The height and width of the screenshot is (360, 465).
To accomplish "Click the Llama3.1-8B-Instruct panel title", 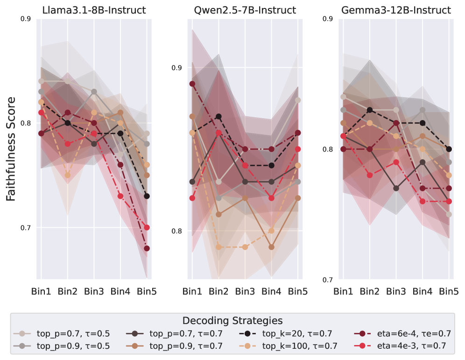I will (x=94, y=10).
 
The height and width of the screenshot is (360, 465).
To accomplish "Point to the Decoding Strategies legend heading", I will (x=232, y=321).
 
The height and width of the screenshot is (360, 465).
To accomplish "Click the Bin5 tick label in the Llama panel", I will (x=147, y=292).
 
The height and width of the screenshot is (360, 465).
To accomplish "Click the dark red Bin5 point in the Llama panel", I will (x=147, y=248).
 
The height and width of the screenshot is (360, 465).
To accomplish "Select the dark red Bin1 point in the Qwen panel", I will (x=191, y=84).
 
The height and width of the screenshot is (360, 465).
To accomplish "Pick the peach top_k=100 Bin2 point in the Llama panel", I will (x=68, y=175).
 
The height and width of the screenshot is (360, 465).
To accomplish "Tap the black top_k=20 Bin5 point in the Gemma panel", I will (x=449, y=149).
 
